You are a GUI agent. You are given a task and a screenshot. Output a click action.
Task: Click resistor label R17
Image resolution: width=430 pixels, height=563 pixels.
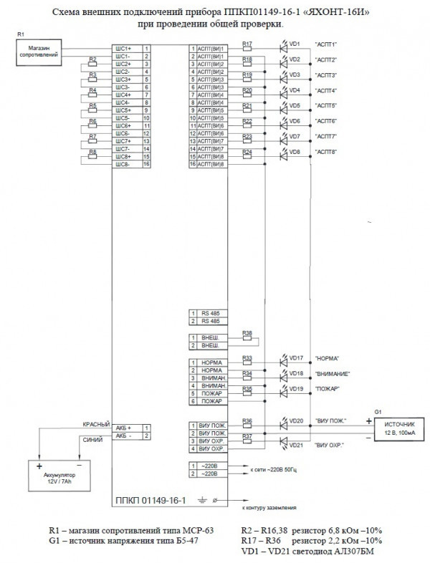tap(247, 44)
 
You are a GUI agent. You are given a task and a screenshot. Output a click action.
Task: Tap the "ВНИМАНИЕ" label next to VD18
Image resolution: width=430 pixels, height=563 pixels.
tap(330, 373)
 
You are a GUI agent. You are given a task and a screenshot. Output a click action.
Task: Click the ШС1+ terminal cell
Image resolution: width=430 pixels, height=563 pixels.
tap(123, 48)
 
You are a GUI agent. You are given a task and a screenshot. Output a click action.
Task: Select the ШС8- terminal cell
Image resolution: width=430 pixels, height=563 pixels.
tap(123, 164)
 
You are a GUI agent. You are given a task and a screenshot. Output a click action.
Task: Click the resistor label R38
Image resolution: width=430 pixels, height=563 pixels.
tap(247, 333)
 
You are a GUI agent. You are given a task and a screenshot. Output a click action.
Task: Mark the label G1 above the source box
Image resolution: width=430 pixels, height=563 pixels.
tap(378, 411)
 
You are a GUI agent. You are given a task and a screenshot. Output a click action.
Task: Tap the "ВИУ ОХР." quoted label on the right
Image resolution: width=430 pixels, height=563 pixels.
tap(329, 445)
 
